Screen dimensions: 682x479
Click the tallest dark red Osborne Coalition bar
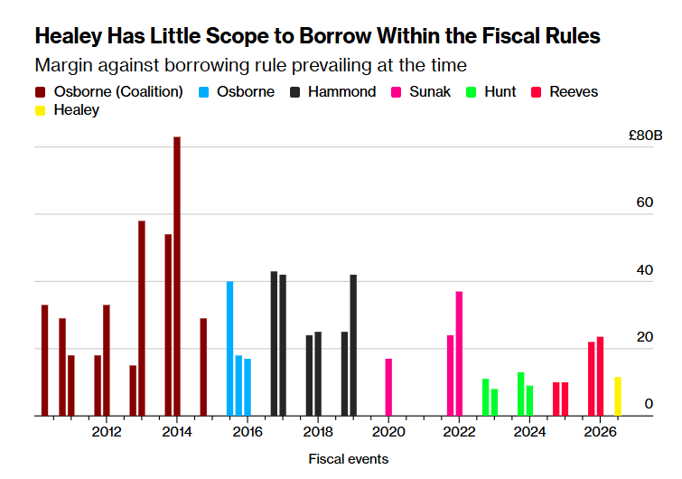click(177, 277)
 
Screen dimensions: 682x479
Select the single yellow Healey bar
click(618, 397)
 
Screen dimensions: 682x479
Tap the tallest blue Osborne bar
click(229, 349)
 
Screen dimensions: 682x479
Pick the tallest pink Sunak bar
click(459, 353)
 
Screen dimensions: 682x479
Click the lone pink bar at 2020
click(388, 387)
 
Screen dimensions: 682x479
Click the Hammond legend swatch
click(294, 92)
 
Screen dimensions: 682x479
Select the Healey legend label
click(77, 110)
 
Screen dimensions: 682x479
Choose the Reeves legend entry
click(565, 92)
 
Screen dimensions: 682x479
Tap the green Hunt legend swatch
click(471, 92)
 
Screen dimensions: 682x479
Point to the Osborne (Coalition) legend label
click(118, 92)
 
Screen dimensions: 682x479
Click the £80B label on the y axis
click(646, 136)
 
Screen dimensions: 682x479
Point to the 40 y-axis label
click(645, 270)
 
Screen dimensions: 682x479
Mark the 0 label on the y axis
click(649, 404)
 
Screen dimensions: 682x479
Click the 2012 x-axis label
click(107, 432)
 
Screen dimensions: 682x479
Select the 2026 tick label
click(600, 432)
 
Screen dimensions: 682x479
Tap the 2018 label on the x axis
click(318, 432)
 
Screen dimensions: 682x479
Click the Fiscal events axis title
click(349, 459)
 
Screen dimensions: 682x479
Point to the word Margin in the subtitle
click(63, 66)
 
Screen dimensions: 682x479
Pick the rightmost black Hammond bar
click(353, 345)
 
